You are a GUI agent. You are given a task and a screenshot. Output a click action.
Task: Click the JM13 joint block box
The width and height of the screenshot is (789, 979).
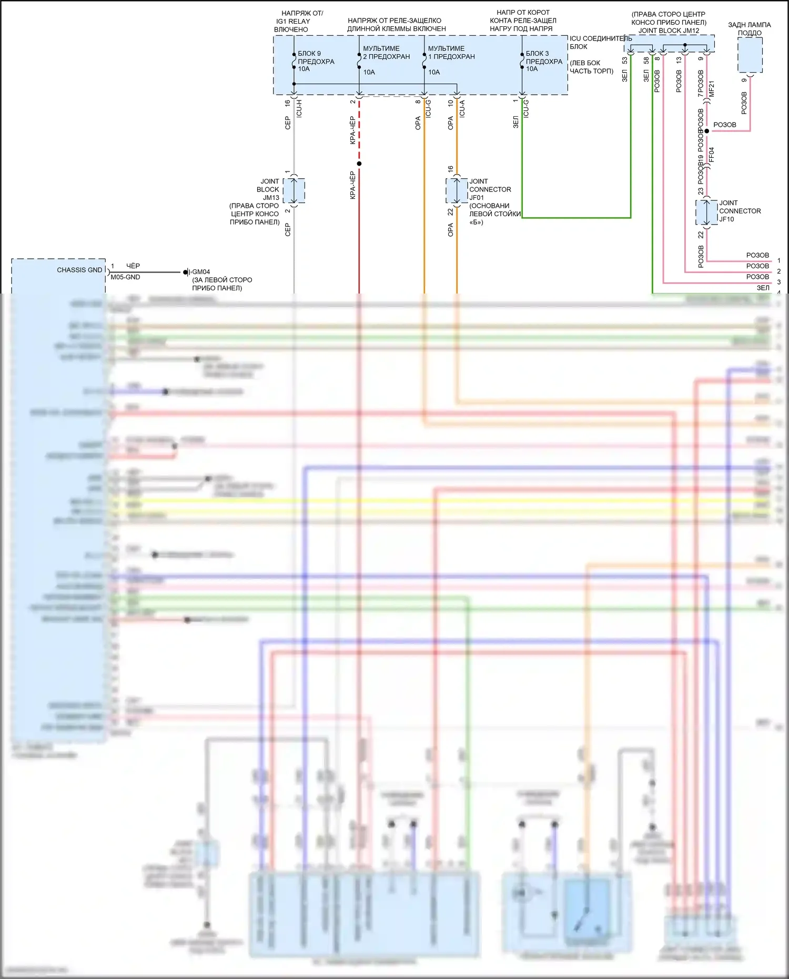(x=294, y=190)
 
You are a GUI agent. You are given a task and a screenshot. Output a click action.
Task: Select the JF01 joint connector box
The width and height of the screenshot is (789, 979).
(x=457, y=190)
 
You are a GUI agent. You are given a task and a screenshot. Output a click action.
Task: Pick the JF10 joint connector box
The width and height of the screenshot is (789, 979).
(x=706, y=212)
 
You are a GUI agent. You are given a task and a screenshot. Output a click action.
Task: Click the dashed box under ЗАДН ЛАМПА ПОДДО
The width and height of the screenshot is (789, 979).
(x=750, y=55)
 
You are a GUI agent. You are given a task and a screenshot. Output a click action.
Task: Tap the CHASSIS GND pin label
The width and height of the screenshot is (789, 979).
(x=79, y=270)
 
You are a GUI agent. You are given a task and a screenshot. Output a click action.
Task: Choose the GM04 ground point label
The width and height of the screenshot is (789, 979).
(x=201, y=272)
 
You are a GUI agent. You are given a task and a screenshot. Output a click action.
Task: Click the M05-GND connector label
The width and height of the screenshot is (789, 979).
(x=125, y=277)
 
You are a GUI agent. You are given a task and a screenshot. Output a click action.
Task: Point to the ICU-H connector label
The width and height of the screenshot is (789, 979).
(x=299, y=107)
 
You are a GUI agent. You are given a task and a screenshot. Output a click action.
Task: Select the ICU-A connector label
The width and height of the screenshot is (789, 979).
(x=462, y=108)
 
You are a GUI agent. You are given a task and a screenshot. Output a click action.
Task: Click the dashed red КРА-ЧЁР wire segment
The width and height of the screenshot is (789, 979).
(x=359, y=129)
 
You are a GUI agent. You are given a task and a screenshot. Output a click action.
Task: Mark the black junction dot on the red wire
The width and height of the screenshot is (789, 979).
(x=359, y=164)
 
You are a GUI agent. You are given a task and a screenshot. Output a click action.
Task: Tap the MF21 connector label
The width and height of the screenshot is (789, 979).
(x=712, y=88)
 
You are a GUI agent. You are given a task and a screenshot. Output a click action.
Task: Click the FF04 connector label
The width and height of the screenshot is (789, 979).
(x=712, y=155)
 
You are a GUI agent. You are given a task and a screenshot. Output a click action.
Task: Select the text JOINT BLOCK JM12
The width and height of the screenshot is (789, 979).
(x=669, y=31)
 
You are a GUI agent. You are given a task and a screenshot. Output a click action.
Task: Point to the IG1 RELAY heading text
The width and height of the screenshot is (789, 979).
(x=293, y=21)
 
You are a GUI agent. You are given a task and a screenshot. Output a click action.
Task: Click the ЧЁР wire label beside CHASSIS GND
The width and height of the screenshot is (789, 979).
(x=133, y=266)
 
